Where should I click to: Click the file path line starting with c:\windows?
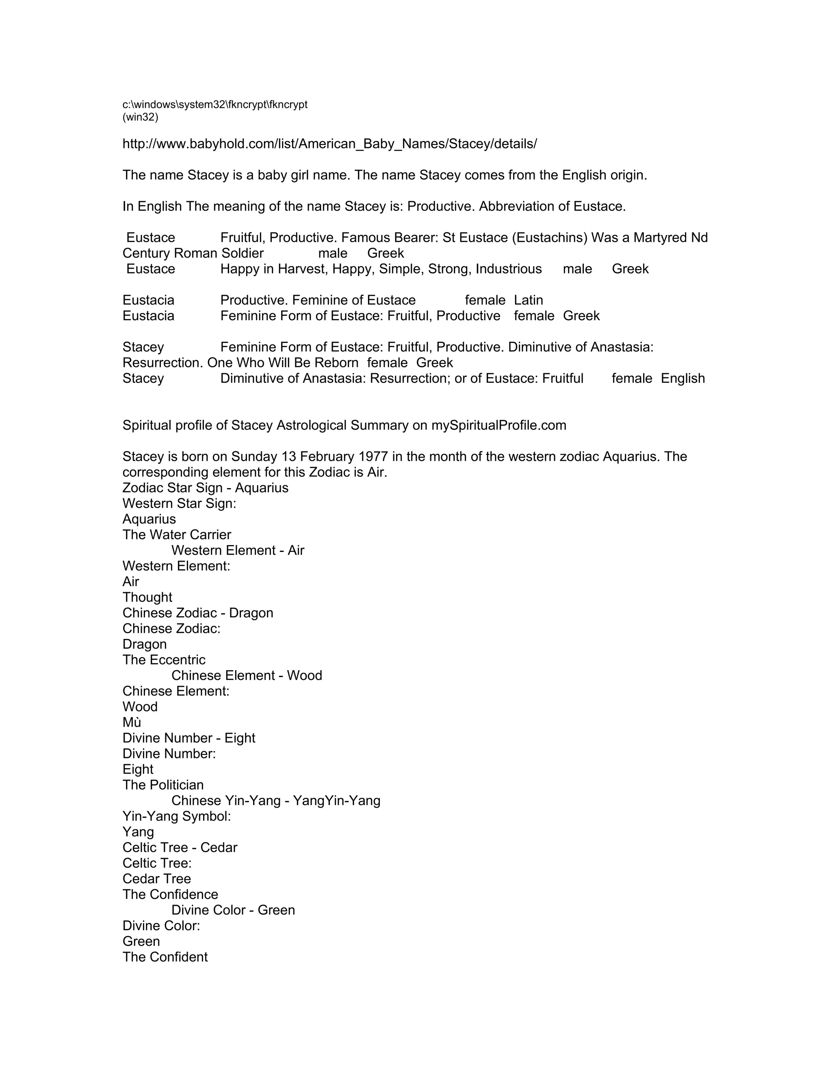point(215,104)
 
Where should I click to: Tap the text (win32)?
point(141,117)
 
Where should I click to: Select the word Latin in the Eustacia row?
point(529,300)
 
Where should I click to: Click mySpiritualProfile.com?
point(499,425)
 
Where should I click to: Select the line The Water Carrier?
point(176,535)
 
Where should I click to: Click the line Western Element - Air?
point(238,550)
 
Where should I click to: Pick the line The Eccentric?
point(164,660)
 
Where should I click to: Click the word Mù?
point(132,723)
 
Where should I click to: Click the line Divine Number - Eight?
point(189,738)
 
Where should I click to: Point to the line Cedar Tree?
point(157,879)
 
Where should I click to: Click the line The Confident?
point(165,957)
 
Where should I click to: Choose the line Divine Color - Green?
point(233,910)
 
